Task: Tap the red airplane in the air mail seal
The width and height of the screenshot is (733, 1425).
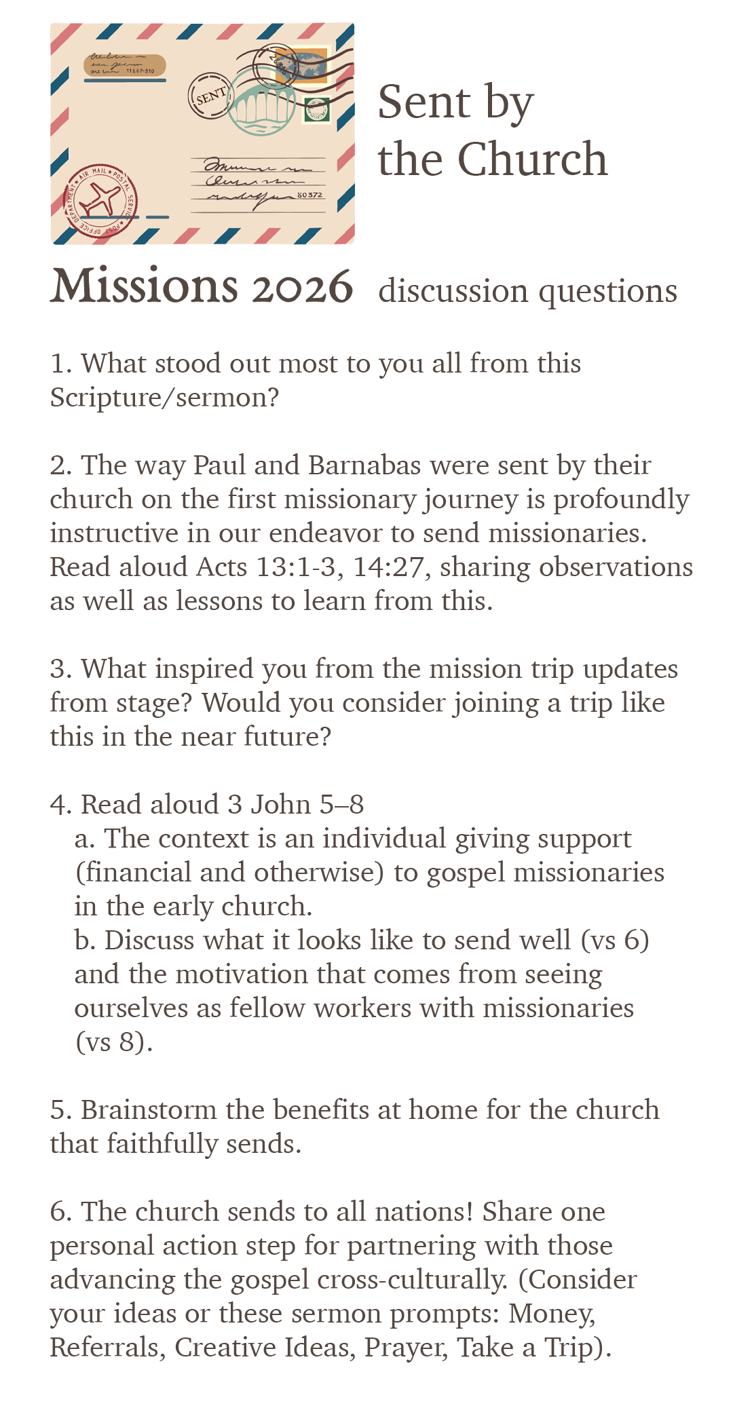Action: click(x=100, y=200)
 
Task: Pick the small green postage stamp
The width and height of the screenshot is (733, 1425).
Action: click(x=316, y=109)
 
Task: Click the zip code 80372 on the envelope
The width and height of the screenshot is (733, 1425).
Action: click(x=311, y=195)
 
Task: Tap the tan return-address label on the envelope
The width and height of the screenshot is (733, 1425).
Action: click(x=125, y=64)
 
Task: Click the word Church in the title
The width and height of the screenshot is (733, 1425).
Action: click(x=532, y=160)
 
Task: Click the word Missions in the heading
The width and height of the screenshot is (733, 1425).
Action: click(x=144, y=286)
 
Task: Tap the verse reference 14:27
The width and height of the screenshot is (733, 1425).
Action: click(x=392, y=567)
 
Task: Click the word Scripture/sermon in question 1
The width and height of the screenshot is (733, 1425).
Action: click(x=164, y=398)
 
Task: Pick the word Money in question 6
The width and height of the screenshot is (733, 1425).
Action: click(x=552, y=1314)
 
